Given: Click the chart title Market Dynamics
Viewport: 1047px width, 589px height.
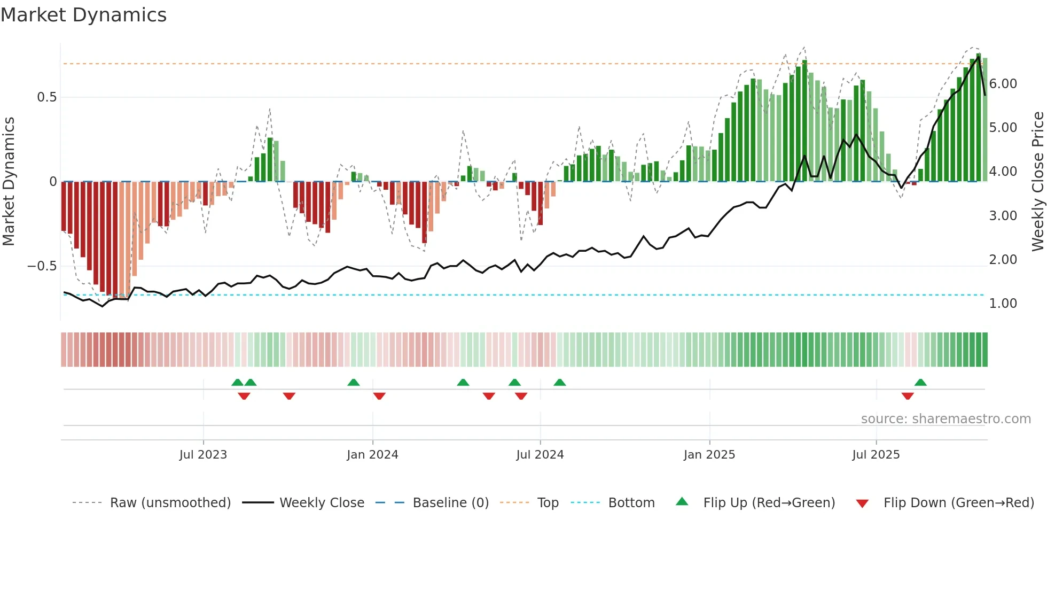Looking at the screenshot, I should pyautogui.click(x=84, y=15).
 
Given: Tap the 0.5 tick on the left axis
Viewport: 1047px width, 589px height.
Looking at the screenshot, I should pyautogui.click(x=46, y=97).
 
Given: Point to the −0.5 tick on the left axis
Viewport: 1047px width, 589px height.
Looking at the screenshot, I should pyautogui.click(x=42, y=266).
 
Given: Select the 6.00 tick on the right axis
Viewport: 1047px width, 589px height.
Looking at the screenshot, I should pyautogui.click(x=1003, y=84).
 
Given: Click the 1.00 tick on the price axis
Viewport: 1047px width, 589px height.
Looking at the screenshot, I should pyautogui.click(x=1003, y=304).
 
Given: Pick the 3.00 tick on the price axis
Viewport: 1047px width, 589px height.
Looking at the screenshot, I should pyautogui.click(x=1003, y=216).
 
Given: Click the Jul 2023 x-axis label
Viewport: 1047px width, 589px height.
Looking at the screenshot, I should pyautogui.click(x=203, y=455).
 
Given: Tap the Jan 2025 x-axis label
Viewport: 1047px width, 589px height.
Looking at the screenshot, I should pyautogui.click(x=709, y=455).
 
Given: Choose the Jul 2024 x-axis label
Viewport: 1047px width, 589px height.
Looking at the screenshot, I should pyautogui.click(x=540, y=455).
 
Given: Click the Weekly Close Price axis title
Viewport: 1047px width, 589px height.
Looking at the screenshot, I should pyautogui.click(x=1037, y=182).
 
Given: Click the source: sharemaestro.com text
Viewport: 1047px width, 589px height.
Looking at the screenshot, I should pyautogui.click(x=946, y=419).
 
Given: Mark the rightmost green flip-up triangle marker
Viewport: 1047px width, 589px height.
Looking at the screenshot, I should pyautogui.click(x=920, y=383).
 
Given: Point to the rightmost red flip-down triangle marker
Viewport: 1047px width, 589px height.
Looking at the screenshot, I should pyautogui.click(x=907, y=396).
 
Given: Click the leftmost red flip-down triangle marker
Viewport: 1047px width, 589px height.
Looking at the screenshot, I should pyautogui.click(x=244, y=396).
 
